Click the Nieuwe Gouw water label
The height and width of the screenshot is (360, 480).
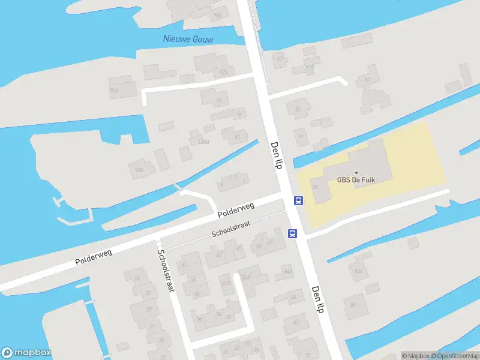point(188,39)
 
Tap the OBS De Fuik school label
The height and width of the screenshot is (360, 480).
point(356,179)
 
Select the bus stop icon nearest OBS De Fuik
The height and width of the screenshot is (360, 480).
point(298,201)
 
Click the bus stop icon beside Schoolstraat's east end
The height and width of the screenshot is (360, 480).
point(293,233)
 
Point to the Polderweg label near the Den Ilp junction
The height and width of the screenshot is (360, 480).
point(236,209)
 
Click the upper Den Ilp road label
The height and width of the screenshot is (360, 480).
point(276,155)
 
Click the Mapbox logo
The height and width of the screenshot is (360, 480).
point(26,353)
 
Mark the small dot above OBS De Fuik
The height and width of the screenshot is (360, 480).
point(356,172)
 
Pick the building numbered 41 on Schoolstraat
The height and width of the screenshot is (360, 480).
point(184,264)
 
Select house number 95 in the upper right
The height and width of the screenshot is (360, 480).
point(366,80)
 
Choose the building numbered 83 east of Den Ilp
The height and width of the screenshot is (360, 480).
point(353,304)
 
